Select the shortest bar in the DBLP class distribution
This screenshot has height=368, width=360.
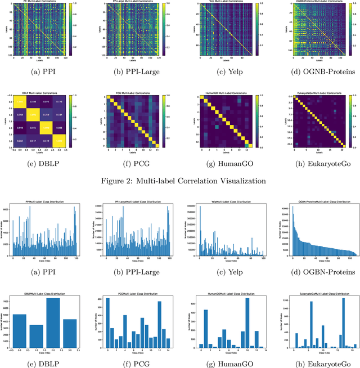coord(37,335)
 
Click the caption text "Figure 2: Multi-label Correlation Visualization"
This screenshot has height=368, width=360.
coord(180,180)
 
